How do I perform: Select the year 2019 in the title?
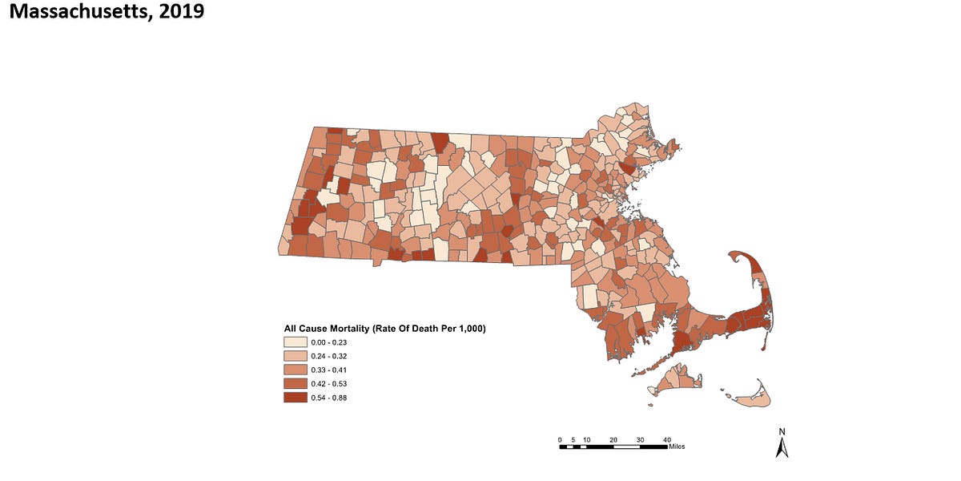[x=181, y=12]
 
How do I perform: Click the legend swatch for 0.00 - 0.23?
[x=295, y=342]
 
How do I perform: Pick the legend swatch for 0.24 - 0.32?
[x=295, y=356]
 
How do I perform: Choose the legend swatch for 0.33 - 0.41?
[x=295, y=370]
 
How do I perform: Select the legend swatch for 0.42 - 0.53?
[x=295, y=383]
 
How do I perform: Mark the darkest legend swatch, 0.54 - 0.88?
[x=295, y=397]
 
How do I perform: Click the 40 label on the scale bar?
[x=666, y=439]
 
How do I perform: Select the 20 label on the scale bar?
[x=613, y=439]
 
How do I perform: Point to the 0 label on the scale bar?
[x=560, y=439]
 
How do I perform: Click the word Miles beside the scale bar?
[x=674, y=447]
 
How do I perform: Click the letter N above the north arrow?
[x=782, y=432]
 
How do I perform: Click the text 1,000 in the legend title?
[x=468, y=329]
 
